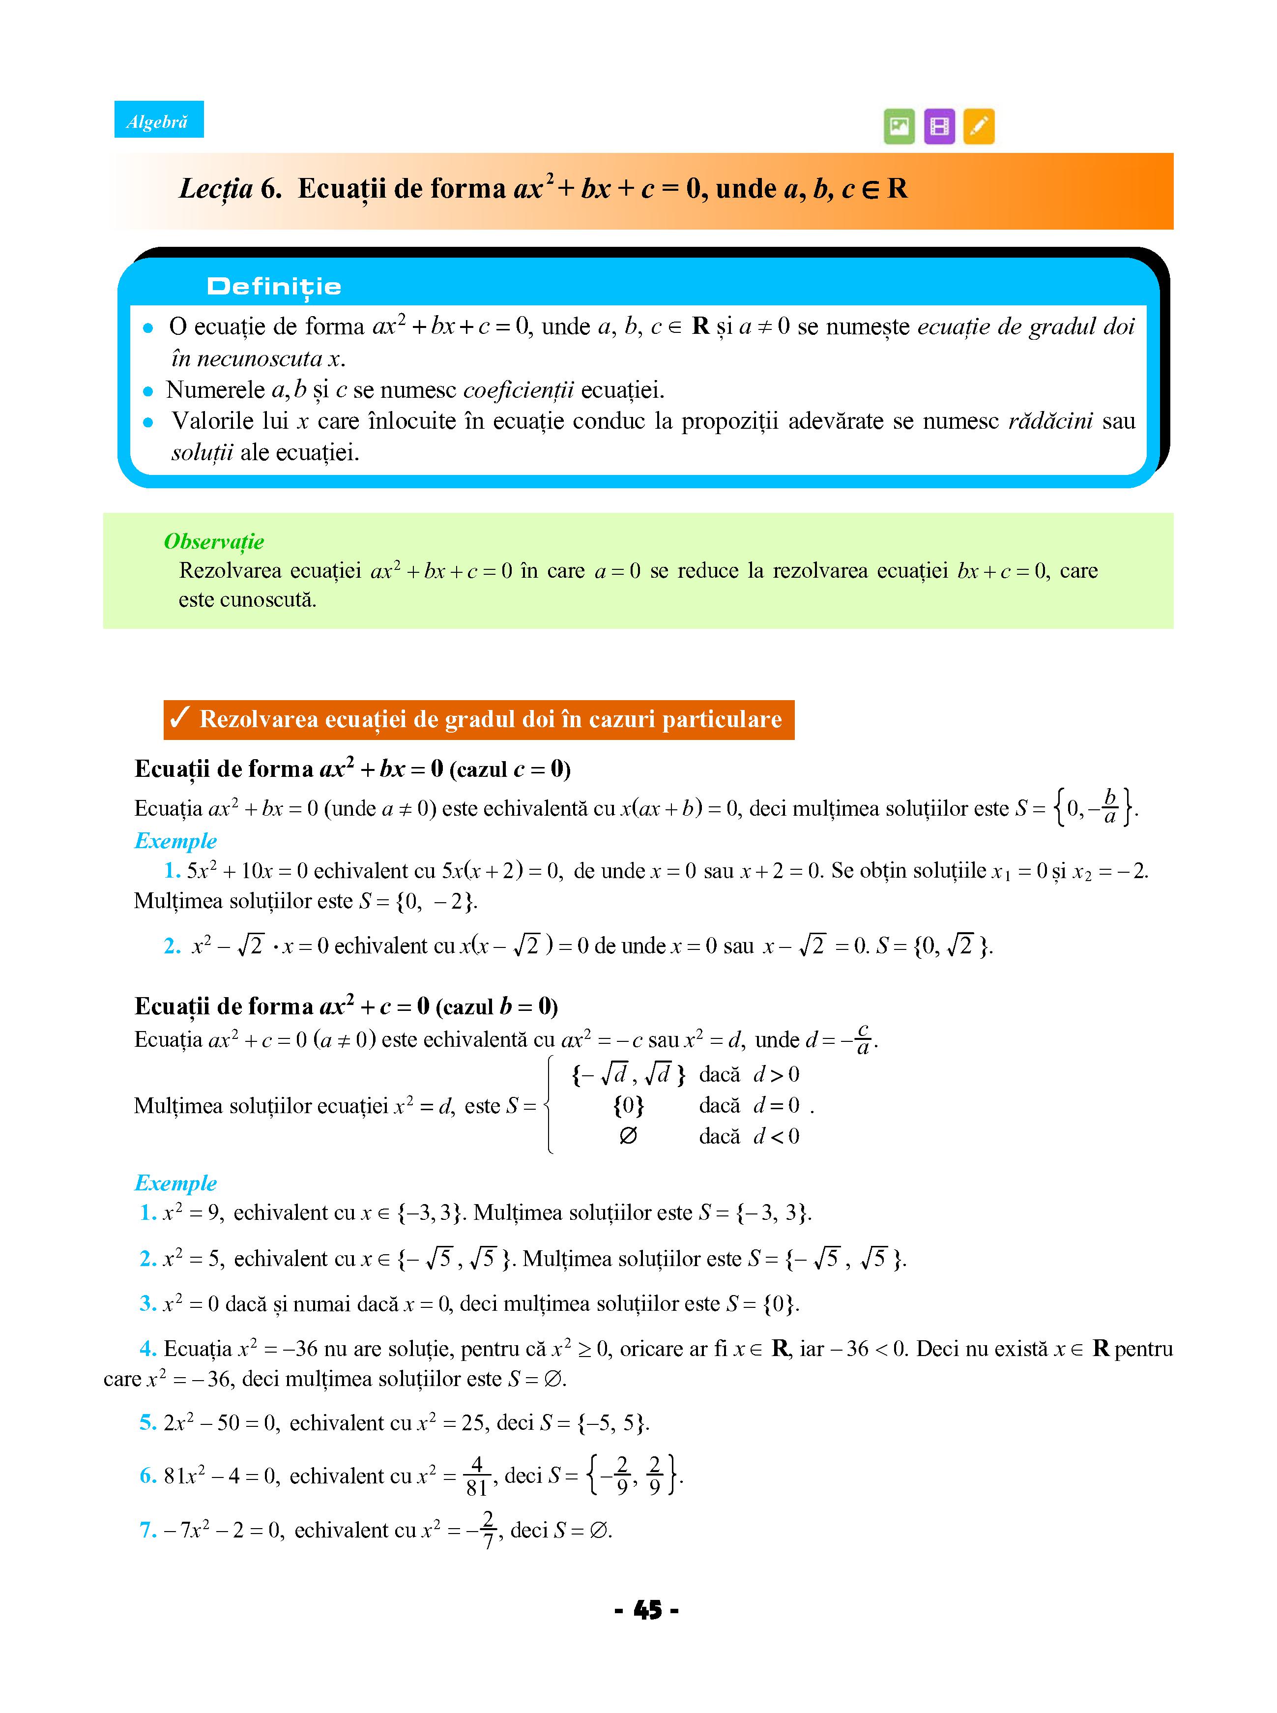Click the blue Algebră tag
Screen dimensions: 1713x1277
tap(158, 120)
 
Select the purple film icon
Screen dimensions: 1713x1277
tap(939, 126)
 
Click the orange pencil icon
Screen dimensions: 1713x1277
tap(979, 126)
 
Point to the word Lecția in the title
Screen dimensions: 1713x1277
tap(216, 189)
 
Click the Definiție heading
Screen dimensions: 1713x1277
tap(274, 287)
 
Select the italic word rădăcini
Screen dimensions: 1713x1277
tap(1050, 421)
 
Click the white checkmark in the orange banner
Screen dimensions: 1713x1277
tap(179, 718)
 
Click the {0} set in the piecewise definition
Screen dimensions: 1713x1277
tap(629, 1105)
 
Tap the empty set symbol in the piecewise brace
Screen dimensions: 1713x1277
tap(629, 1136)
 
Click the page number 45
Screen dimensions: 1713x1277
tap(647, 1610)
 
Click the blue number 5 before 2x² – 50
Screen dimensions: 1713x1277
tap(147, 1422)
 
